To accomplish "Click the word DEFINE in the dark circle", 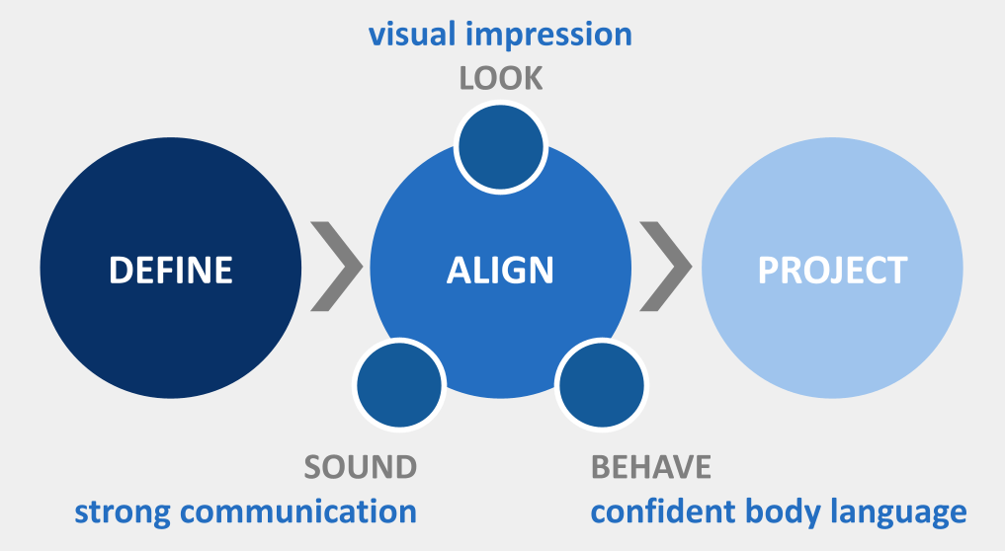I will [171, 270].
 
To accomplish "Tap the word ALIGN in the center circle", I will [500, 270].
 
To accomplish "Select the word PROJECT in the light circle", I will [832, 270].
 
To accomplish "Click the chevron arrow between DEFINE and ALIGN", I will [336, 268].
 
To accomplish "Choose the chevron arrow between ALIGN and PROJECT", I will [666, 268].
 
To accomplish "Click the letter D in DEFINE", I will [120, 270].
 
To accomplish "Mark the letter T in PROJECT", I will [895, 270].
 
